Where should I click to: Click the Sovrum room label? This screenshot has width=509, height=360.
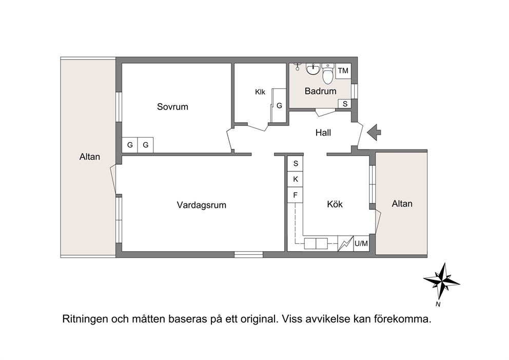(x=172, y=107)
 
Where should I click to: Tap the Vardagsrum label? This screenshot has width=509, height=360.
(x=201, y=205)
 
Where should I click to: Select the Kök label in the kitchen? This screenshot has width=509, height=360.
(x=335, y=204)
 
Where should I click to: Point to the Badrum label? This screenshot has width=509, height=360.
(x=320, y=91)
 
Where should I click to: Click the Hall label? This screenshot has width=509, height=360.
(x=323, y=132)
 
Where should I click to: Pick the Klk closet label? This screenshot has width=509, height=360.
(x=260, y=92)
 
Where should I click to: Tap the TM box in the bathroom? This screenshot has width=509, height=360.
(x=343, y=71)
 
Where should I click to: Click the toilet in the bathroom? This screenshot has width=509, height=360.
(x=328, y=73)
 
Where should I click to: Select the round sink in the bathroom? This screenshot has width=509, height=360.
(x=313, y=69)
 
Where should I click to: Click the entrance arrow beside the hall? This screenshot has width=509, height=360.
(x=374, y=132)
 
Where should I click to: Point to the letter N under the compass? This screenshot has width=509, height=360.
(x=438, y=305)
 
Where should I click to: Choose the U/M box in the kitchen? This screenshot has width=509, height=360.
(x=361, y=243)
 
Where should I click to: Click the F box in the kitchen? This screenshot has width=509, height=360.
(x=296, y=195)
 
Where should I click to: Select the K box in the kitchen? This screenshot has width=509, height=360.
(x=296, y=179)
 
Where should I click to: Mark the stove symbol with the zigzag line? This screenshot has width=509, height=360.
(x=345, y=243)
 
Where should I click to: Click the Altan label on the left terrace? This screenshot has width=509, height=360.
(x=90, y=157)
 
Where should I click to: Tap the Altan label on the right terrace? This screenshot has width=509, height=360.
(x=402, y=203)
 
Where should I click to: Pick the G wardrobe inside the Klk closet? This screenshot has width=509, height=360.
(x=279, y=106)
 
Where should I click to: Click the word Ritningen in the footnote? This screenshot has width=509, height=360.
(x=85, y=319)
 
